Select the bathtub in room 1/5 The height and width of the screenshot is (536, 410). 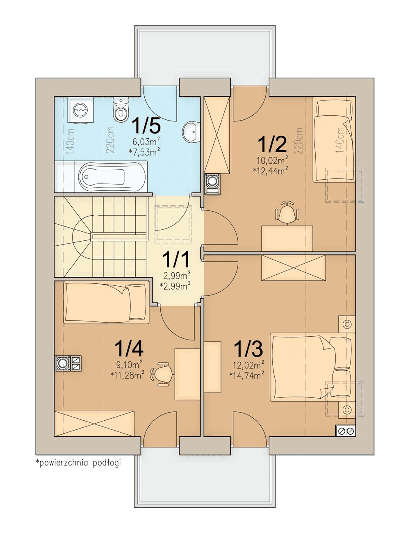tap(101, 176)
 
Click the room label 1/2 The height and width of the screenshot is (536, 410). tap(272, 145)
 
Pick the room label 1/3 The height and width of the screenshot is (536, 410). tap(248, 348)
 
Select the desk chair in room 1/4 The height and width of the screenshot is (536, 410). tap(162, 374)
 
